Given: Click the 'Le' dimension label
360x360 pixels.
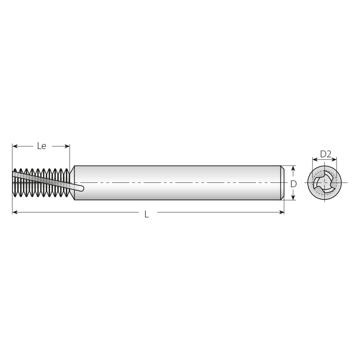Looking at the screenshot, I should (42, 146).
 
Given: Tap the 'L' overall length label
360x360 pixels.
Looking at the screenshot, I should (147, 215).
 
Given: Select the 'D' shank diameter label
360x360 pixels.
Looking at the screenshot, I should (293, 184).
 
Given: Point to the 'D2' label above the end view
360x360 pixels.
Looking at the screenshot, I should (325, 154).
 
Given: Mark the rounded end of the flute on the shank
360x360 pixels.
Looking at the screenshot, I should (82, 188).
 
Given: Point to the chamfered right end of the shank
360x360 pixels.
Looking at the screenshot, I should (282, 183).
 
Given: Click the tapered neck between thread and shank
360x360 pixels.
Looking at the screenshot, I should (72, 183).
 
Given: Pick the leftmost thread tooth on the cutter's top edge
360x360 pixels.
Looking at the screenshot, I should (15, 170).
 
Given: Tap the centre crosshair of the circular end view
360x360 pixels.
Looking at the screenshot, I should (324, 183).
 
